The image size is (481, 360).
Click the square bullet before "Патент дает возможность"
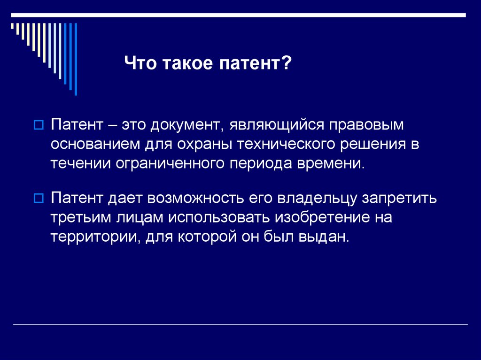click(39, 197)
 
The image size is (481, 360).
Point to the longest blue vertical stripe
click(76, 59)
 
